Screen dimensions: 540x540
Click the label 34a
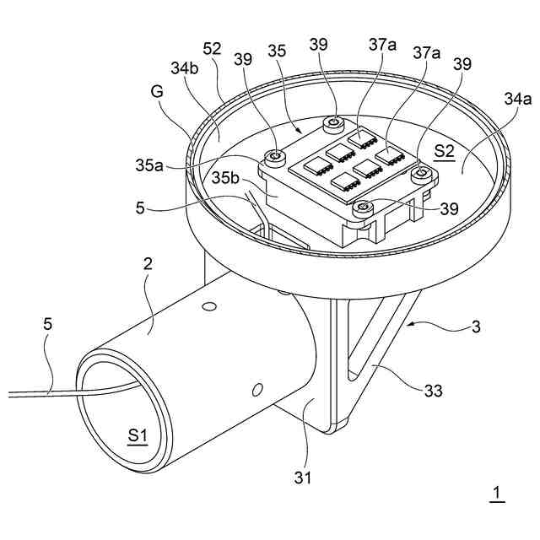pyautogui.click(x=517, y=98)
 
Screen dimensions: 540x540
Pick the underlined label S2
pyautogui.click(x=444, y=151)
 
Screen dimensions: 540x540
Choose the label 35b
pyautogui.click(x=228, y=180)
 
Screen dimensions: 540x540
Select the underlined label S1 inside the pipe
pyautogui.click(x=138, y=435)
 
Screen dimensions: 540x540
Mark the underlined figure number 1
pyautogui.click(x=497, y=493)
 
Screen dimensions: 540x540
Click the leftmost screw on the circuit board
pyautogui.click(x=273, y=156)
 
